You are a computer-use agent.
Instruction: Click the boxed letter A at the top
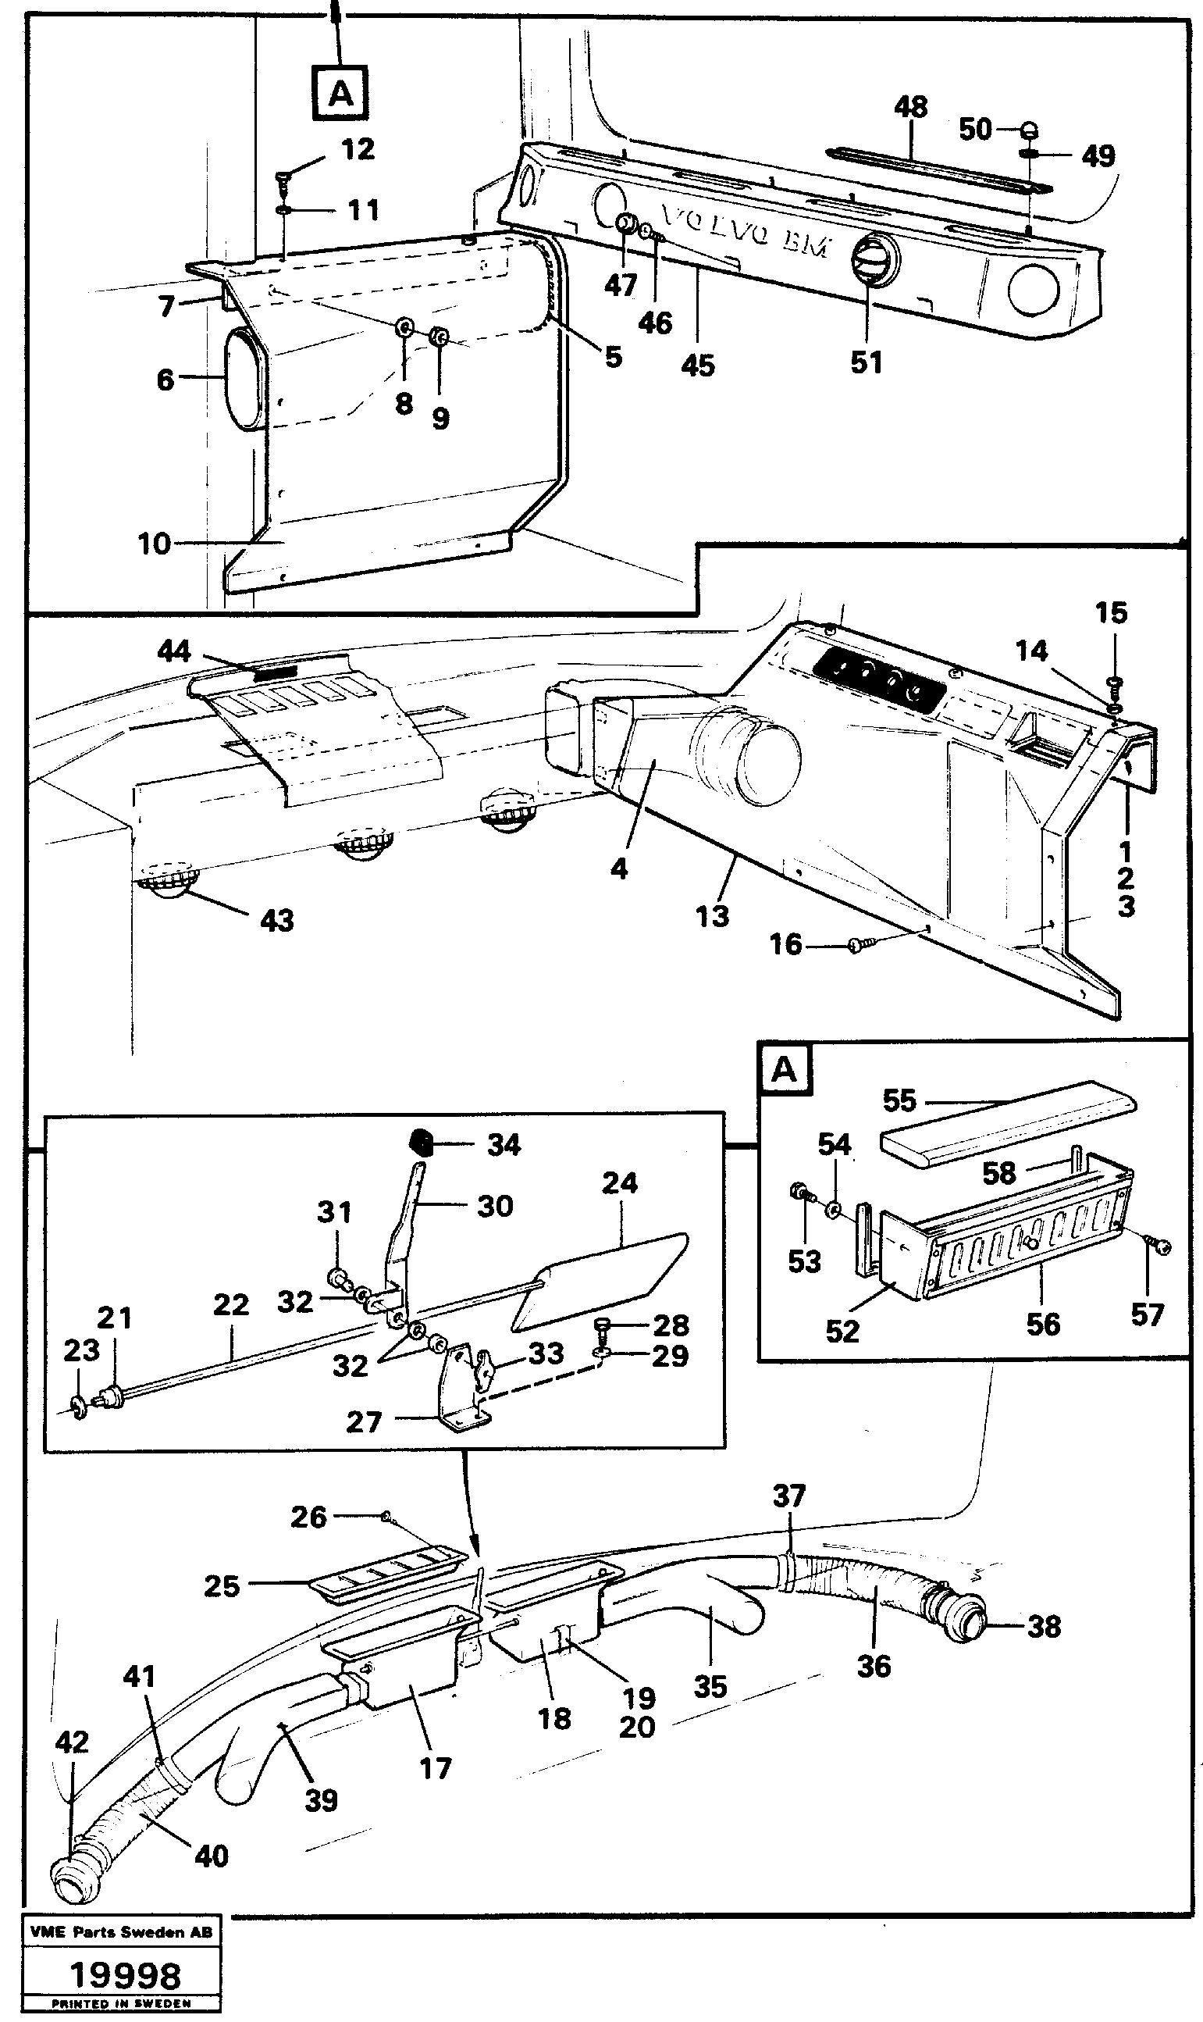pos(340,94)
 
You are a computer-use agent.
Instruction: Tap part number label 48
pos(910,107)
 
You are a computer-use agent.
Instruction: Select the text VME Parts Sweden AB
pos(121,1932)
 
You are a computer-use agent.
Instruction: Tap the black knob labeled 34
pos(420,1143)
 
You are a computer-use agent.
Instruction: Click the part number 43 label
pos(276,920)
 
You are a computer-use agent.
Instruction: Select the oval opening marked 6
pos(244,378)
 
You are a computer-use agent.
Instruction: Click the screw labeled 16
pos(859,944)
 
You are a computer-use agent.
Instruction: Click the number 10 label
pos(154,544)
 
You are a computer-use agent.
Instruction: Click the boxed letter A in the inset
pos(784,1070)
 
